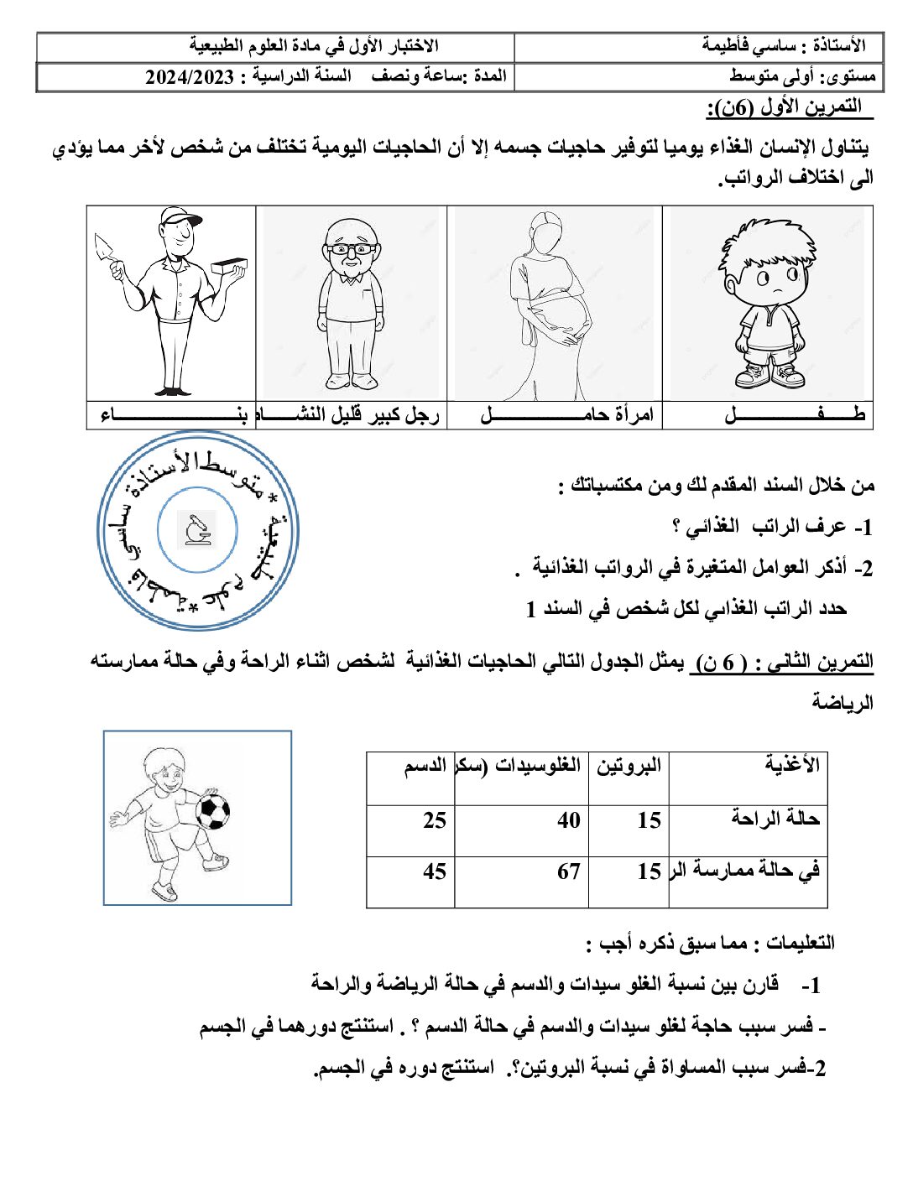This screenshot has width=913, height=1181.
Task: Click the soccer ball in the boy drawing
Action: tap(212, 811)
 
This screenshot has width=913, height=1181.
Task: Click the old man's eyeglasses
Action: tap(351, 249)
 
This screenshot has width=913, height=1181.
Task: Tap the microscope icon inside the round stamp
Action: tap(199, 528)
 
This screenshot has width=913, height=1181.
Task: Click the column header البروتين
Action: tap(629, 765)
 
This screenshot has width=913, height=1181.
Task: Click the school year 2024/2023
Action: tap(190, 77)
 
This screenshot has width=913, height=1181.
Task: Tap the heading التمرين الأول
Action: tap(784, 107)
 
